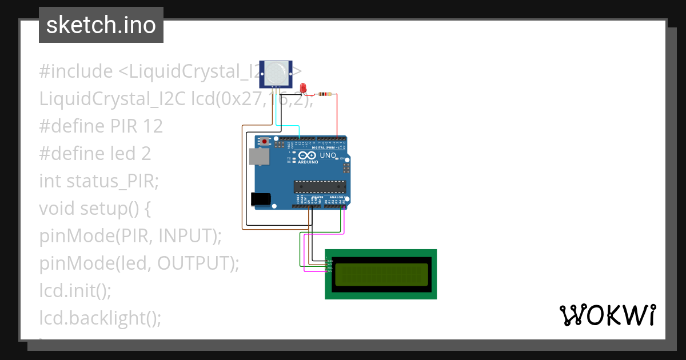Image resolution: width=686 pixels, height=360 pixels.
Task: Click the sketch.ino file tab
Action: [x=101, y=25]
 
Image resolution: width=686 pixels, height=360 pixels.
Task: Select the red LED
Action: [x=304, y=88]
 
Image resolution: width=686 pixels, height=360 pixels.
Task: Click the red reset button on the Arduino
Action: [x=265, y=141]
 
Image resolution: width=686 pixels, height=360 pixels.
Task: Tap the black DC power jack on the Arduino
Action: [x=261, y=199]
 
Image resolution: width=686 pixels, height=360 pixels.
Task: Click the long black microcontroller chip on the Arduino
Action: [x=320, y=186]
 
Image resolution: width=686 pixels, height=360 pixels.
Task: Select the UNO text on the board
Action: [x=328, y=155]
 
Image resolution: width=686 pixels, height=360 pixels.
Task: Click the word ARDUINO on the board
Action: [x=307, y=162]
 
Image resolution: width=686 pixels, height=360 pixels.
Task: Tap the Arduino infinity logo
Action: [x=307, y=155]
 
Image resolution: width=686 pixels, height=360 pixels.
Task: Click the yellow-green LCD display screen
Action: [x=381, y=274]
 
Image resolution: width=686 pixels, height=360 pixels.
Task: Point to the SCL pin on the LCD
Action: [x=329, y=271]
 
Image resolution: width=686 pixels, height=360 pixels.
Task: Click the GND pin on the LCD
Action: [x=329, y=261]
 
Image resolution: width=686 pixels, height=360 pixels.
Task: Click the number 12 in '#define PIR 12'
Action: [x=152, y=126]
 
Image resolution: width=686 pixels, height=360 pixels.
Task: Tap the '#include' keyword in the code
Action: [x=76, y=71]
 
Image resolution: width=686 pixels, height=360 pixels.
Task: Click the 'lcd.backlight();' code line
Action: [x=101, y=318]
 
